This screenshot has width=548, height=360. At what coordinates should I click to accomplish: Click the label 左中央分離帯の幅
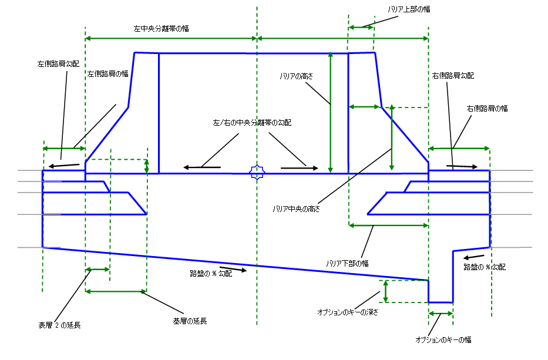(161, 28)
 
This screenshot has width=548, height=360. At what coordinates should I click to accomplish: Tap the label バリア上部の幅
(410, 9)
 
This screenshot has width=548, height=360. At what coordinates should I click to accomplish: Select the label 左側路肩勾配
(58, 63)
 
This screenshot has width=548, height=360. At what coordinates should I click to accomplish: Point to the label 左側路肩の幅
(108, 74)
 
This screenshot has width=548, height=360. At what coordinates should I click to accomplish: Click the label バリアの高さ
(297, 76)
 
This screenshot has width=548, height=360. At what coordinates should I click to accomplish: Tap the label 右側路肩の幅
(488, 108)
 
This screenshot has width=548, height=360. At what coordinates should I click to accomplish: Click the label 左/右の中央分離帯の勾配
(252, 123)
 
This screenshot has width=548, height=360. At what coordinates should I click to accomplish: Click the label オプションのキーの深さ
(347, 312)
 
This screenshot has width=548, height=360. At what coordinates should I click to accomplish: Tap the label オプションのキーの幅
(443, 339)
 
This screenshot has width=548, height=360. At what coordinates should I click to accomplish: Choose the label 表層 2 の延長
(59, 324)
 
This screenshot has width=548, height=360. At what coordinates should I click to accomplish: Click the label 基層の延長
(190, 321)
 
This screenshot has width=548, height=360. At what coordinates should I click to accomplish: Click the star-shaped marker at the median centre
(257, 172)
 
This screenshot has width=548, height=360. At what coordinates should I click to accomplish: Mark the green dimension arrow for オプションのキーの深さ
(386, 291)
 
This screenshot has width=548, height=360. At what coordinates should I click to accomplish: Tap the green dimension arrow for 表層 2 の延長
(98, 270)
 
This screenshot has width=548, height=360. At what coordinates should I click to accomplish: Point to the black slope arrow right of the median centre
(294, 168)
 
